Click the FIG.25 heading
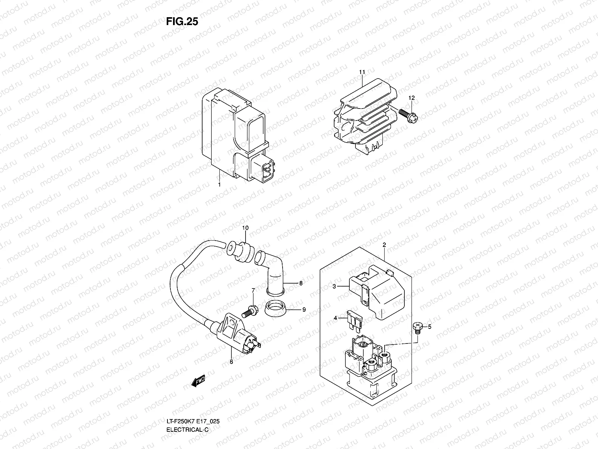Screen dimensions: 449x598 [x=182, y=22]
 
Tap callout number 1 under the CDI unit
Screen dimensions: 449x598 [x=219, y=185]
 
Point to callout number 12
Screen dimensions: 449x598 [x=411, y=98]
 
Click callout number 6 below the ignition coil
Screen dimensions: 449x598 [x=231, y=362]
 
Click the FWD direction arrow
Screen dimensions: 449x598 [x=198, y=380]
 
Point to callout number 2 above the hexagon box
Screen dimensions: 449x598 [x=384, y=245]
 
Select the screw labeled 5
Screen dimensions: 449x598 [x=417, y=328]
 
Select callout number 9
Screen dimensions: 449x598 [x=304, y=310]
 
